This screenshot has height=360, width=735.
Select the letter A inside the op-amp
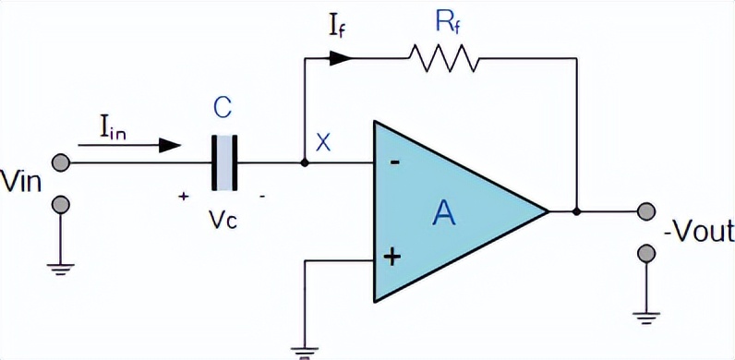coord(445,214)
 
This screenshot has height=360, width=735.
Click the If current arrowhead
coord(342,57)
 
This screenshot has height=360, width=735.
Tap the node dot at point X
coord(305,163)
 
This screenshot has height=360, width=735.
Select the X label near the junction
coord(323,142)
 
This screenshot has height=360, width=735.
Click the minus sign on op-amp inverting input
coord(394,163)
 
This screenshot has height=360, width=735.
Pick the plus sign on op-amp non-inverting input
coord(393,258)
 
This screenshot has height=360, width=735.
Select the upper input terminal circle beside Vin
coord(61,163)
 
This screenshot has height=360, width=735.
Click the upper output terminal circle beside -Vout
coord(645,211)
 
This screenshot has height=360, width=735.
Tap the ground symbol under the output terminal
coord(645,317)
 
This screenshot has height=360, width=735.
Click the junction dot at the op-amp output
coord(576,211)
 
